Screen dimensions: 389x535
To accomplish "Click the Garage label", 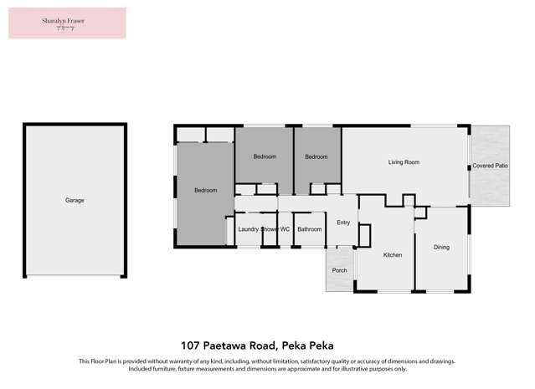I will [75, 201].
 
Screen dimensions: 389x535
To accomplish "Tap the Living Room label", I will [403, 162].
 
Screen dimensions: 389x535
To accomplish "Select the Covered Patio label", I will [490, 166].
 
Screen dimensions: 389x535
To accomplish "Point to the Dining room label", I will [441, 247].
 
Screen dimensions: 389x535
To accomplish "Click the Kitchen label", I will [393, 255].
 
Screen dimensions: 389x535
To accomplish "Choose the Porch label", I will [339, 270].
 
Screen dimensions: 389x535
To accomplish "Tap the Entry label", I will [343, 223].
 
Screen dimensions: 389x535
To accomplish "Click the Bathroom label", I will [309, 229].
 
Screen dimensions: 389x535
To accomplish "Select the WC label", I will [285, 229].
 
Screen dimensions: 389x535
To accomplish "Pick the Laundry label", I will [248, 229].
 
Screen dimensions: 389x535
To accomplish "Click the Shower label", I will [269, 229].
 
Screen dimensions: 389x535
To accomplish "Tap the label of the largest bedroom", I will [205, 191].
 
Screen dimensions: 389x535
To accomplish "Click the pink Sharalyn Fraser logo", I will [67, 23].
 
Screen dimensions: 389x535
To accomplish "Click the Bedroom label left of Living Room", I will [316, 157].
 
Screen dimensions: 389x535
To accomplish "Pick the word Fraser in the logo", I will [78, 19].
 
